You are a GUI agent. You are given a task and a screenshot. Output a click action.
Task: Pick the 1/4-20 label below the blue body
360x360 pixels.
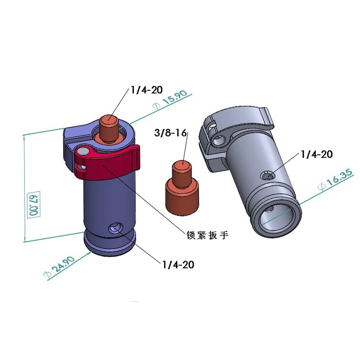point(178,265)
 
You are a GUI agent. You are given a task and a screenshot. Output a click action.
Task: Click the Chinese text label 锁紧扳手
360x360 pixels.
point(207,235)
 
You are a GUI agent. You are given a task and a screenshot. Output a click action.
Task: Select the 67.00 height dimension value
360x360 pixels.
point(33,205)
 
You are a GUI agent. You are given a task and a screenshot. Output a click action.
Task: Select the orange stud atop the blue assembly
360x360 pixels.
point(109,128)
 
